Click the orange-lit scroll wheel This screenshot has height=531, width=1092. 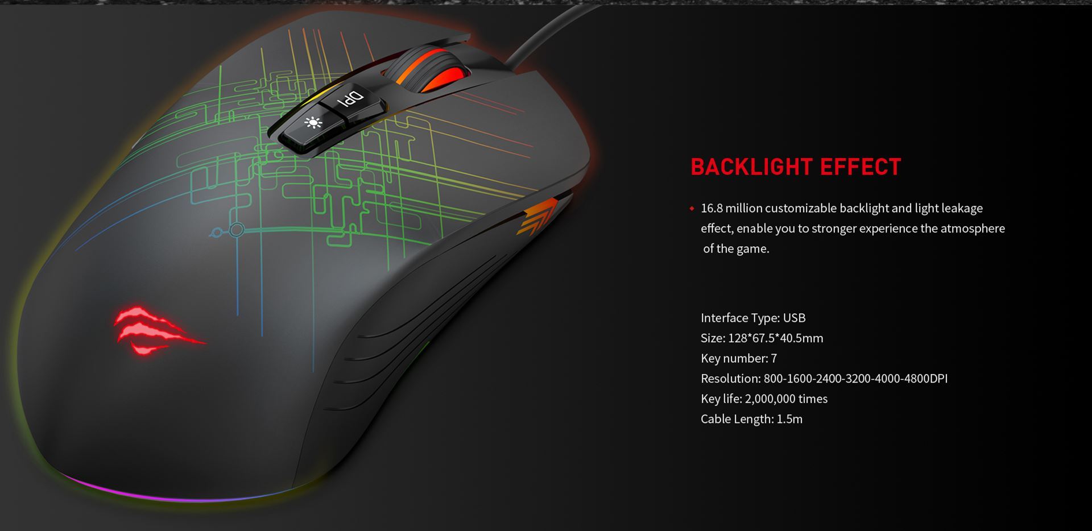pyautogui.click(x=432, y=71)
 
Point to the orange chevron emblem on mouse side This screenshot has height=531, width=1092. pyautogui.click(x=537, y=217)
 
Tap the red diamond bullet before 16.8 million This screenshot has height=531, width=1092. pyautogui.click(x=692, y=209)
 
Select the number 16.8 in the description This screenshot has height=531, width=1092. pyautogui.click(x=712, y=208)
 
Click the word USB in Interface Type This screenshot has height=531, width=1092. pyautogui.click(x=794, y=318)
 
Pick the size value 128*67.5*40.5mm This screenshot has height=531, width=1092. pyautogui.click(x=775, y=338)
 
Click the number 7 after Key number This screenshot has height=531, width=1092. pyautogui.click(x=773, y=358)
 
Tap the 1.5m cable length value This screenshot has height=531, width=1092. pyautogui.click(x=789, y=419)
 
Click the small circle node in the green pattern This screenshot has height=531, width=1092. pyautogui.click(x=237, y=230)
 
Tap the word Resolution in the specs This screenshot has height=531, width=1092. pyautogui.click(x=730, y=379)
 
